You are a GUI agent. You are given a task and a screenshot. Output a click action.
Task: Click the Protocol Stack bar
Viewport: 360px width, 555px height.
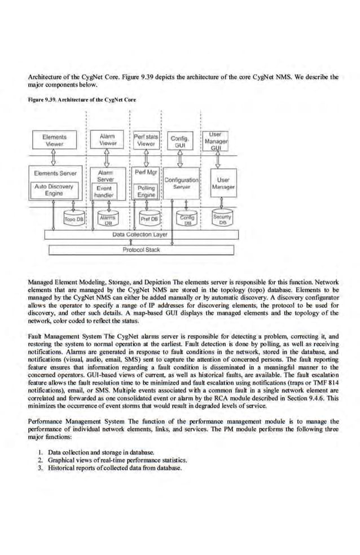point(141,249)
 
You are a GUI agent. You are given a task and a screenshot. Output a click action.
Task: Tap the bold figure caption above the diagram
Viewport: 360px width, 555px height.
point(81,100)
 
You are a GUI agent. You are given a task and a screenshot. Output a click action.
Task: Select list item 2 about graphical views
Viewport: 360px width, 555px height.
point(117,460)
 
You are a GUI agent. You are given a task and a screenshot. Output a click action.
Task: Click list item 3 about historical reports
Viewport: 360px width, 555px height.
point(115,468)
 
